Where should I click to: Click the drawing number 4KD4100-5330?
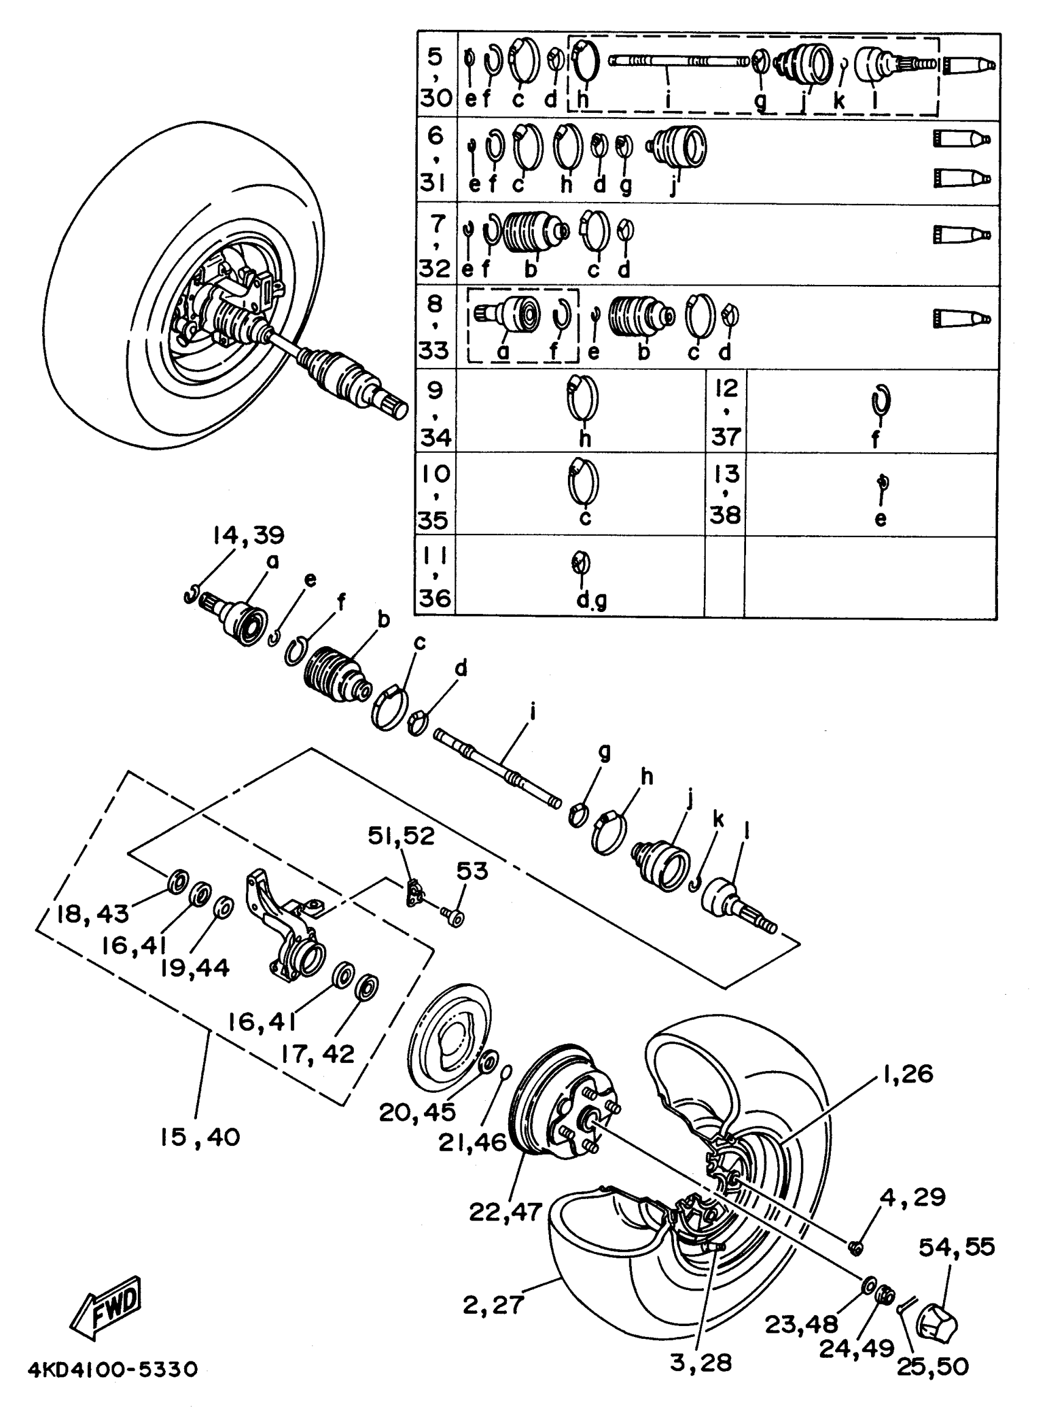(x=113, y=1369)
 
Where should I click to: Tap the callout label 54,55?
(x=956, y=1247)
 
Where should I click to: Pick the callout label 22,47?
(x=505, y=1213)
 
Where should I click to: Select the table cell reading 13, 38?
(x=725, y=494)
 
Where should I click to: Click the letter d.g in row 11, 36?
(x=591, y=601)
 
